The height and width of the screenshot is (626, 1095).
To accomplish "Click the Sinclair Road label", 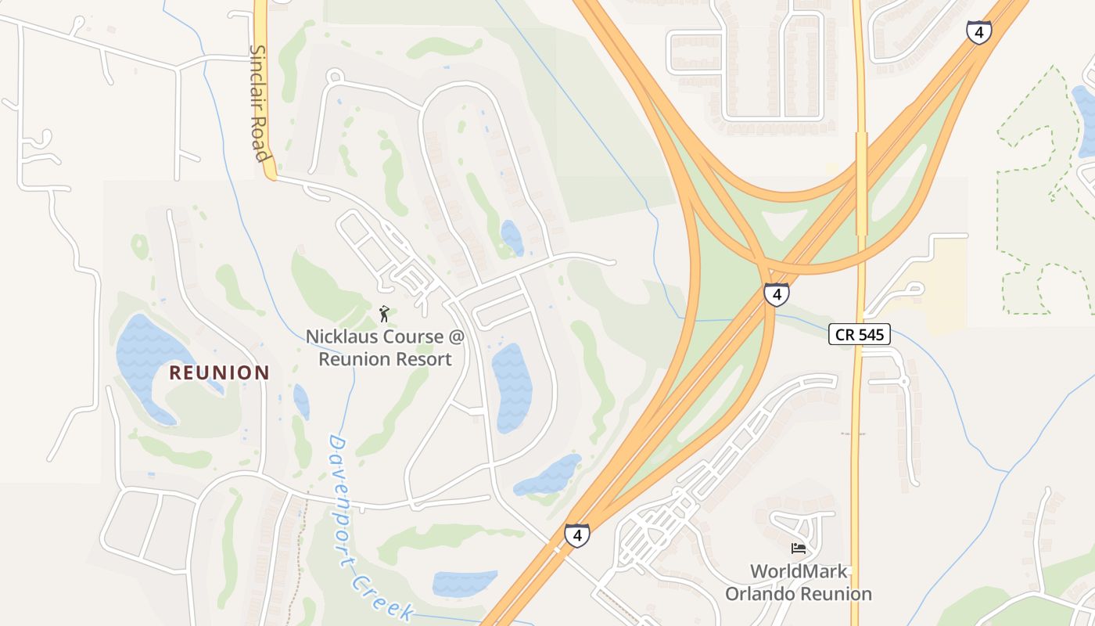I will pyautogui.click(x=259, y=103).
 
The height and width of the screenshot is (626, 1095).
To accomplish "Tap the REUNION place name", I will pyautogui.click(x=219, y=372).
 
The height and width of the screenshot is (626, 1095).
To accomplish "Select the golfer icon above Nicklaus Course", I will pyautogui.click(x=384, y=315).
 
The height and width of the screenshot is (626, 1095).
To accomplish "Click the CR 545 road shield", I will pyautogui.click(x=860, y=335).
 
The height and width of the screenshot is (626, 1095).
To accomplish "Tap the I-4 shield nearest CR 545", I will pyautogui.click(x=776, y=294).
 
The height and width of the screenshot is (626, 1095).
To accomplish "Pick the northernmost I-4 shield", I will pyautogui.click(x=978, y=32).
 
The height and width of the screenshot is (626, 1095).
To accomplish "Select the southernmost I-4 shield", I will pyautogui.click(x=577, y=535).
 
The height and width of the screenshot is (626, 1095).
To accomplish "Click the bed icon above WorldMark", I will pyautogui.click(x=798, y=548).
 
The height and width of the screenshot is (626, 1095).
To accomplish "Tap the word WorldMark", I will pyautogui.click(x=799, y=571).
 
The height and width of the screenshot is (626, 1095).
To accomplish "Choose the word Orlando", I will pyautogui.click(x=759, y=594).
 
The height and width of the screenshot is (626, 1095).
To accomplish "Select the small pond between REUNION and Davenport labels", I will pyautogui.click(x=301, y=401).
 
